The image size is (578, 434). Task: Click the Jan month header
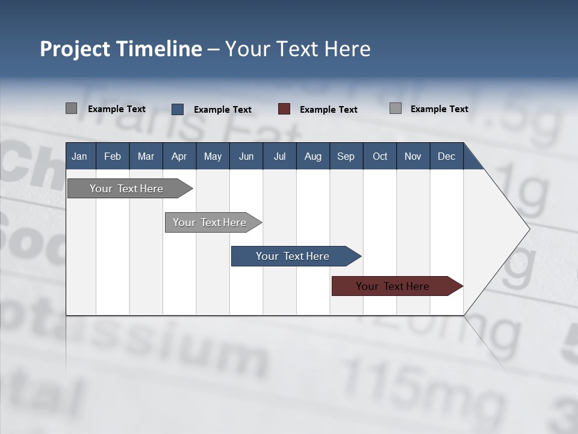coord(79,156)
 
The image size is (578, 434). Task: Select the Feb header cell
coord(113,156)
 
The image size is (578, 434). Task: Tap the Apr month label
coord(179,156)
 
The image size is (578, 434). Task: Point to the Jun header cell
coord(246,156)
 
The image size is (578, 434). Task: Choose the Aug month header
coord(312,156)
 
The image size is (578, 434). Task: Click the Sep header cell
coord(346,156)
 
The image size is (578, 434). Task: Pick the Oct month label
coord(380,156)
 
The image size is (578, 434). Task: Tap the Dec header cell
coord(446,156)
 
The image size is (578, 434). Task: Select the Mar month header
coord(146,156)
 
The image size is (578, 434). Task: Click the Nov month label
coord(413,156)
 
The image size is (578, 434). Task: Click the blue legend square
coord(178,109)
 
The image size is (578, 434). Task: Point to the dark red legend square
coord(284,109)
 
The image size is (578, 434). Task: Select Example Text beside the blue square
coord(223,110)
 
